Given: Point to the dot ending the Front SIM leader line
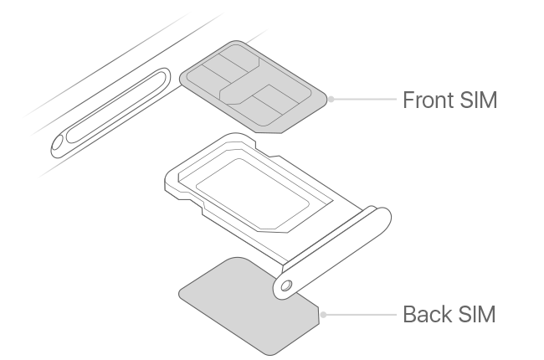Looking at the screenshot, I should [x=331, y=99].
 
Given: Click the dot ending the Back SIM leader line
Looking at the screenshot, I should [x=324, y=315].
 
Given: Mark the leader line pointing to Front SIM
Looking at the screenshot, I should [x=364, y=99].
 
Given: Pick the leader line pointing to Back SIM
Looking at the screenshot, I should [x=360, y=315].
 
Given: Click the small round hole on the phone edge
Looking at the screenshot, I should [x=58, y=145].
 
